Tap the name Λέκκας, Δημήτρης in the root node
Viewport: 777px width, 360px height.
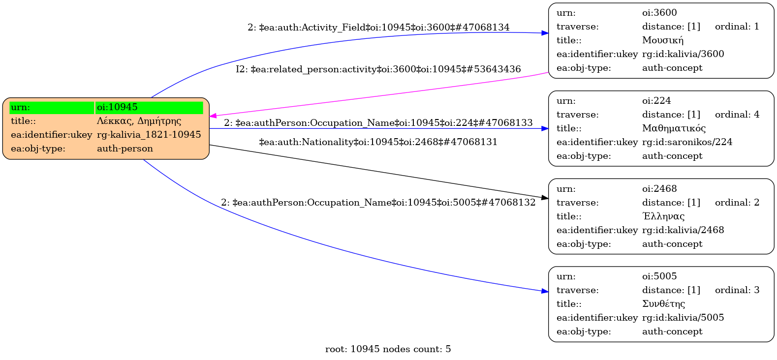pos(139,121)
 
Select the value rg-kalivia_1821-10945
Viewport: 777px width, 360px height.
pos(149,135)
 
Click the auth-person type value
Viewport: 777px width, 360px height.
pos(125,149)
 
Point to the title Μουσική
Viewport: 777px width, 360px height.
pos(663,40)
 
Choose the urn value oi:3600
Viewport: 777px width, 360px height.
pos(659,13)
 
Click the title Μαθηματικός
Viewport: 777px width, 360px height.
pos(674,128)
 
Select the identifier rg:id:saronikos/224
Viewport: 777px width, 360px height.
pos(687,142)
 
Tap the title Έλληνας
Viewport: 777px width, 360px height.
pos(663,216)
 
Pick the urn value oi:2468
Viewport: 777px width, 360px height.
pos(659,189)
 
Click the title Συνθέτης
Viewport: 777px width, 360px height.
pos(663,304)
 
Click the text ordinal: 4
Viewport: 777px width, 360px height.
pos(737,115)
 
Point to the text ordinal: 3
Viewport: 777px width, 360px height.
pos(737,290)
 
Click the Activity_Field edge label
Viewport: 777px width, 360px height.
pos(378,28)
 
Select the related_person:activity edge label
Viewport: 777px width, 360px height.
pos(378,69)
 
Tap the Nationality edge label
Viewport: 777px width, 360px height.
pos(378,142)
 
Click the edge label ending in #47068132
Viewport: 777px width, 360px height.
pos(378,203)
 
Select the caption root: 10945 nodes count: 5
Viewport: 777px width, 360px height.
pos(388,349)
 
